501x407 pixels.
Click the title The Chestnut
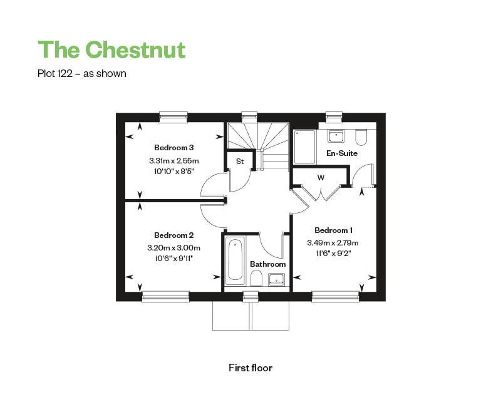pos(111,49)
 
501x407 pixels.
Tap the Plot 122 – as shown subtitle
pos(82,74)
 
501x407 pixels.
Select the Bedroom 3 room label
pos(173,148)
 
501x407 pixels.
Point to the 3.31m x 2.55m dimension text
pos(173,161)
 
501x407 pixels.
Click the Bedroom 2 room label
pos(173,235)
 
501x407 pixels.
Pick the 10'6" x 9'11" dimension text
pos(173,258)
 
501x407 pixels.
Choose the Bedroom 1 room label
pos(333,230)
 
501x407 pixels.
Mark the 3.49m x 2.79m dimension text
pos(333,243)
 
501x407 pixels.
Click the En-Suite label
pos(342,153)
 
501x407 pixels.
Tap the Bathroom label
pos(267,264)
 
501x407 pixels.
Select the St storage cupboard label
pos(239,162)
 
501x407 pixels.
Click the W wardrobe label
pos(321,178)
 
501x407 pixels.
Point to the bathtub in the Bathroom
pos(235,259)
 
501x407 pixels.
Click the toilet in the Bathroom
pos(256,278)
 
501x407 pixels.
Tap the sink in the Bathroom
pos(276,279)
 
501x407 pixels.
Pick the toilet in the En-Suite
pos(361,136)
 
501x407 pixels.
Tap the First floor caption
pos(250,368)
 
